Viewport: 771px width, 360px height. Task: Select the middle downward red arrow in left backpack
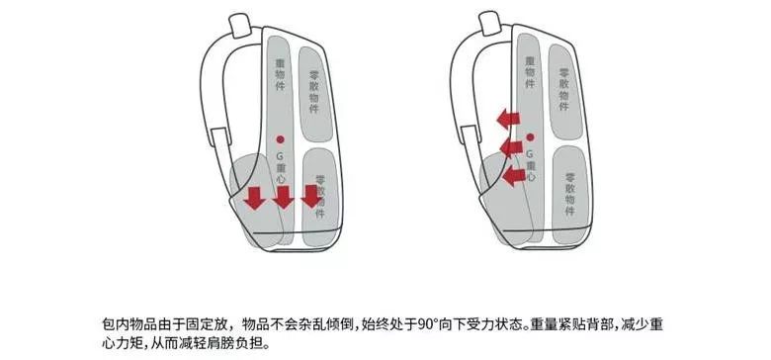(283, 198)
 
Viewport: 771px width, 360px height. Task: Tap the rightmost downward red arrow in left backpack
(311, 197)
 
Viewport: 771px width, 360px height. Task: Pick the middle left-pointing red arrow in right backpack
(511, 149)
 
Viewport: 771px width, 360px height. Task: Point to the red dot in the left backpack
(280, 137)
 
